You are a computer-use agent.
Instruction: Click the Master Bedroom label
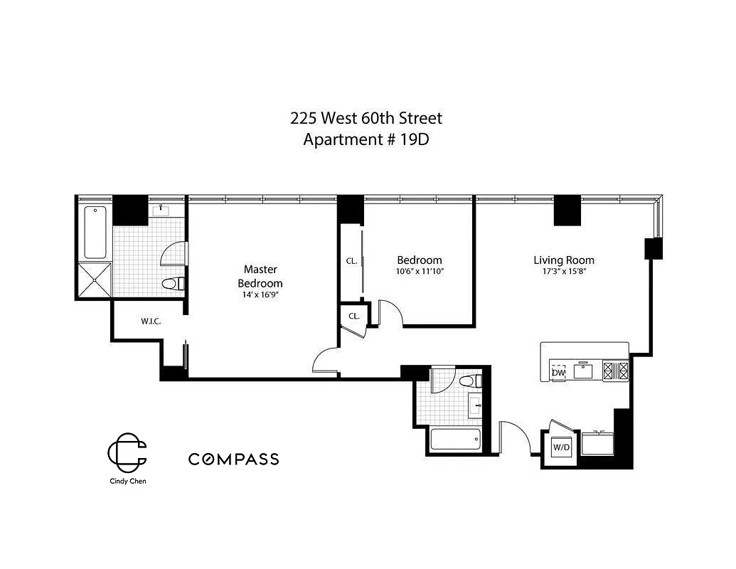(260, 276)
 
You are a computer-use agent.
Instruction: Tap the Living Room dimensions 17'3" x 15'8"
(564, 272)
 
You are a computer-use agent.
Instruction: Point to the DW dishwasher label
(558, 373)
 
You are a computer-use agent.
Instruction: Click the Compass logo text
(233, 459)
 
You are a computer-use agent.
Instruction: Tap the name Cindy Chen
(127, 481)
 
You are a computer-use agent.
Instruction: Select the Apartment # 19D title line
(366, 139)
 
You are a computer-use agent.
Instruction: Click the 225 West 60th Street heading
(366, 118)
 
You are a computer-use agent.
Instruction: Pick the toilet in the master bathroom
(171, 284)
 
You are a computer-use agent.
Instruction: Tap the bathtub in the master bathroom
(95, 232)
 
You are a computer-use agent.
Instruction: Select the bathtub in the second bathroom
(456, 438)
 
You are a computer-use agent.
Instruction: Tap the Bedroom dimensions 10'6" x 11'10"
(420, 272)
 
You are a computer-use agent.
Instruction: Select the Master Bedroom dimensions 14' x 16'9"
(260, 294)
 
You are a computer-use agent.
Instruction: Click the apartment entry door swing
(513, 435)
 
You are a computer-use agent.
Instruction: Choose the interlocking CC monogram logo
(127, 452)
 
